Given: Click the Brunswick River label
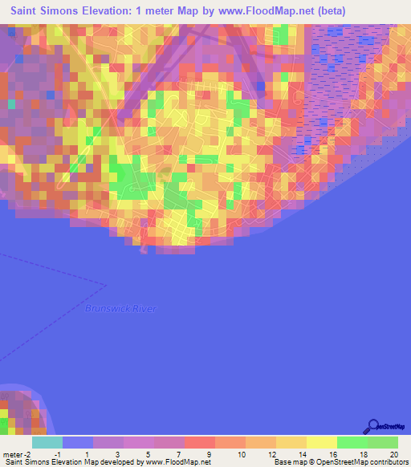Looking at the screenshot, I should [x=121, y=309].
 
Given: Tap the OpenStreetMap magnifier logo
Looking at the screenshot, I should [x=372, y=426].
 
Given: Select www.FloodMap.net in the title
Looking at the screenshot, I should [x=254, y=11].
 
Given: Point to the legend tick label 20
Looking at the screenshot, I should [x=393, y=453].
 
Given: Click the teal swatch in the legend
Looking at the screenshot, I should [x=47, y=442].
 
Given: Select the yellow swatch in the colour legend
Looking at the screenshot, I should [x=321, y=442].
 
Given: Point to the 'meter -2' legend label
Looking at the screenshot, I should [x=20, y=453].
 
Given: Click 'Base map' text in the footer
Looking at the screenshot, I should [x=287, y=462].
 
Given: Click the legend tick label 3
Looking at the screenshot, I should [x=119, y=453].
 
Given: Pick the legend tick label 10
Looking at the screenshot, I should [x=240, y=453].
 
